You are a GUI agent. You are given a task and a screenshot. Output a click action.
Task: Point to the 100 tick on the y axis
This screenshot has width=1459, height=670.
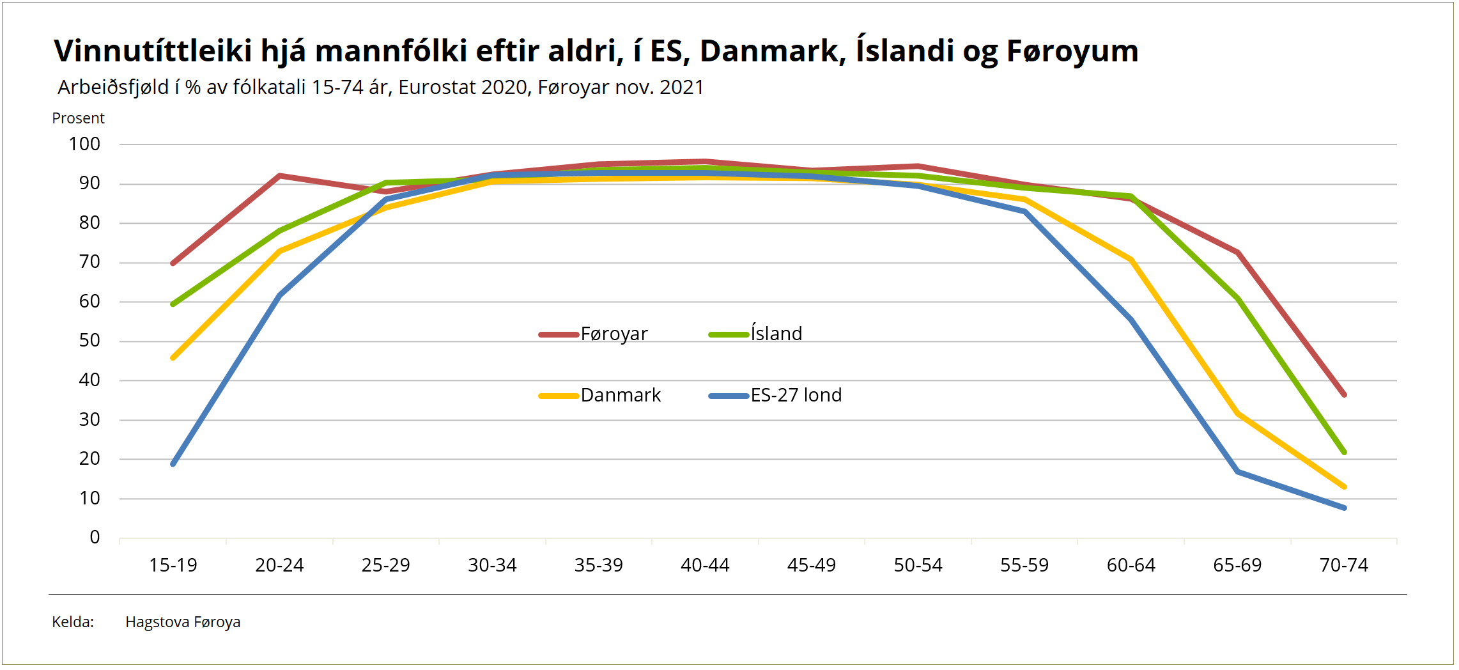pos(84,144)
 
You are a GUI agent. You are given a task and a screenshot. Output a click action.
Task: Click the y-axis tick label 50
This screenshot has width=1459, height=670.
pos(89,340)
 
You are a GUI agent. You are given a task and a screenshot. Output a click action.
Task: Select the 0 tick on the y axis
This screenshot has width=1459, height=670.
pos(95,537)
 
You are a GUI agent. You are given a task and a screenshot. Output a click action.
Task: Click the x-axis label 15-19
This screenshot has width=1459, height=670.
pos(173,565)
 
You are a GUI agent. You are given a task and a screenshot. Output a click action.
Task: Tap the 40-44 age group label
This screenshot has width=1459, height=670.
pos(705,565)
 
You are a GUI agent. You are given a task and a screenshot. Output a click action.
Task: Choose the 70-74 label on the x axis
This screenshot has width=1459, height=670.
pos(1344,565)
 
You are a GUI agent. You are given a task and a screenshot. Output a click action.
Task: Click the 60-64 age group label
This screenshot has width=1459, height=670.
pos(1131,565)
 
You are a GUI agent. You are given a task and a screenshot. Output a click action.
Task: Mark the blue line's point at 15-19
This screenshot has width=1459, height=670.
pos(173,464)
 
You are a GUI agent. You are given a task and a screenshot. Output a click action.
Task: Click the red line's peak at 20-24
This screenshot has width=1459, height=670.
pos(280,175)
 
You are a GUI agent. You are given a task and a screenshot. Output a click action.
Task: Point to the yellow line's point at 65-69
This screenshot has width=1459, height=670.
pos(1238,414)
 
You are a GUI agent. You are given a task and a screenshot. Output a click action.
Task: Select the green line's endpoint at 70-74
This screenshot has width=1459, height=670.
pos(1345,452)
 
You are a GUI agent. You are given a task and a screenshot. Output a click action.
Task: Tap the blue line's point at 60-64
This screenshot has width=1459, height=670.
pos(1131,320)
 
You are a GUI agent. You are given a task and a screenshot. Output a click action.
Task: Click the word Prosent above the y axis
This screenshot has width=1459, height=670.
pos(78,118)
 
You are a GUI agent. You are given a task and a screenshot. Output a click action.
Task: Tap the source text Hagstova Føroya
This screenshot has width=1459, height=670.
pos(183,622)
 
